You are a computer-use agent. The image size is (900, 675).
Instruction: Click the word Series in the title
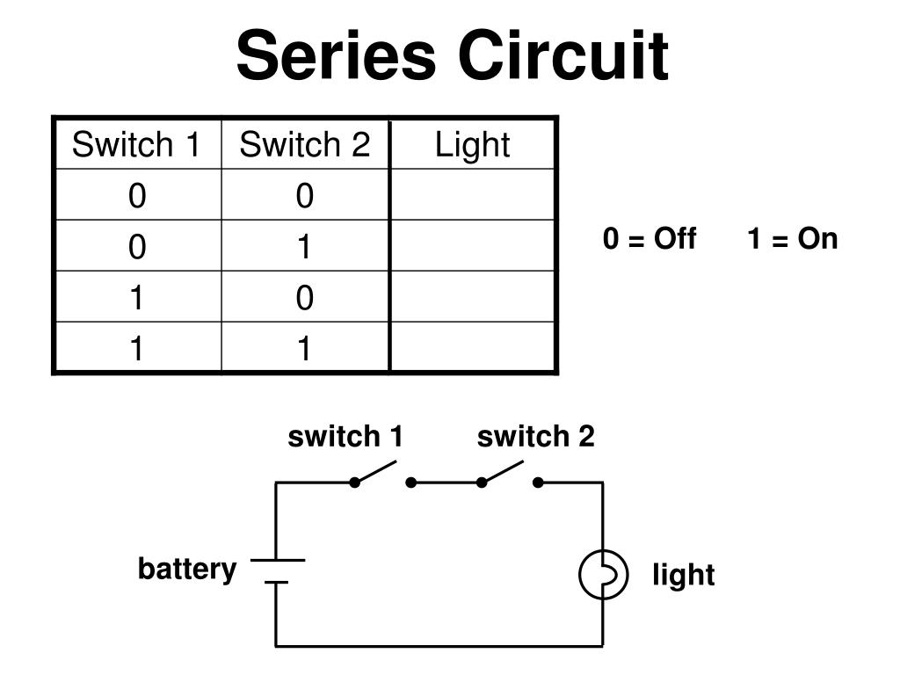[x=337, y=55]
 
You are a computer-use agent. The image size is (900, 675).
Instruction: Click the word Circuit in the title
[x=563, y=55]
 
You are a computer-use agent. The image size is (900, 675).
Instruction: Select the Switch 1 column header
[x=136, y=144]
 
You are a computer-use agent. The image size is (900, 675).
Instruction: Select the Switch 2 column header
[x=305, y=144]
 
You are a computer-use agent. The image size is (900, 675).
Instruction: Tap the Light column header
[x=472, y=145]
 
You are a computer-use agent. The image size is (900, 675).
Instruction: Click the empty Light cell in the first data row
[x=472, y=194]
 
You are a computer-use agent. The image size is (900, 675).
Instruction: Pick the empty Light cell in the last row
[x=472, y=346]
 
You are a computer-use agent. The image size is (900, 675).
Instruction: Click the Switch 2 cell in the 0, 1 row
[x=305, y=247]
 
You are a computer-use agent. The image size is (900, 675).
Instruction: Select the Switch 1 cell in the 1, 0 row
[x=136, y=297]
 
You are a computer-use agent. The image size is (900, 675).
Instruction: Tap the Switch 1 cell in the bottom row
[x=136, y=348]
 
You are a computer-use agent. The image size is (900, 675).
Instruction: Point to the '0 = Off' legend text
[x=650, y=238]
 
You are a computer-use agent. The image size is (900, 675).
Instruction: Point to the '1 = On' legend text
[x=793, y=238]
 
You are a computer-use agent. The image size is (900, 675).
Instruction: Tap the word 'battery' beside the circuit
[x=187, y=569]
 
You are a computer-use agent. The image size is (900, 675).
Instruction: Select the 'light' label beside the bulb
[x=684, y=574]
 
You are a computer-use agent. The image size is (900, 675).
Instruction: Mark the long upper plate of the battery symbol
[x=278, y=560]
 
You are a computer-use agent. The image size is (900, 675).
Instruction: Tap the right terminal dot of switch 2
[x=538, y=483]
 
